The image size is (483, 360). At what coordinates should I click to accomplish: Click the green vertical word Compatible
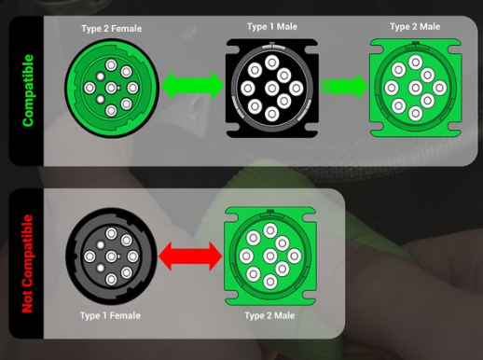(x=28, y=90)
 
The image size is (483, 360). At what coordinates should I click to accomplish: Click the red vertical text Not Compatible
(x=27, y=264)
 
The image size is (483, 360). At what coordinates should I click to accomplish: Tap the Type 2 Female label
(x=112, y=29)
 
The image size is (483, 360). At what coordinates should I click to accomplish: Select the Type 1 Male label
(x=272, y=27)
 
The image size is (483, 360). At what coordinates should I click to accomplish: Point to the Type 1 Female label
(x=110, y=315)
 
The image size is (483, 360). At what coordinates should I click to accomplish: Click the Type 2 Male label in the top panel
(x=415, y=27)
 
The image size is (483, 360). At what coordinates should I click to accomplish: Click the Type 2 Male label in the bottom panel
(x=269, y=315)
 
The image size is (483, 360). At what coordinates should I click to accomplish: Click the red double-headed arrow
(x=190, y=256)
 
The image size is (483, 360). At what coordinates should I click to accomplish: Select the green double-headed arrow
(x=193, y=86)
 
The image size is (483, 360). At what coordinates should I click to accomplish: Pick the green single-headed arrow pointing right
(x=344, y=87)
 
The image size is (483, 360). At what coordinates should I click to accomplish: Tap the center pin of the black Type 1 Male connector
(x=272, y=89)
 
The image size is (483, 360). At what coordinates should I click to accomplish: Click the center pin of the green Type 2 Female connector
(x=111, y=88)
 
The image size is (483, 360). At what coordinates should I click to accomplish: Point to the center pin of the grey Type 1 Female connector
(x=111, y=256)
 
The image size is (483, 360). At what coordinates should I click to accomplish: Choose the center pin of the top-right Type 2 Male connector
(x=415, y=88)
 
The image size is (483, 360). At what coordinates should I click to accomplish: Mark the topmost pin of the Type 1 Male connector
(x=272, y=62)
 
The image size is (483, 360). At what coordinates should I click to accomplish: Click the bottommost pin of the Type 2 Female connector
(x=111, y=111)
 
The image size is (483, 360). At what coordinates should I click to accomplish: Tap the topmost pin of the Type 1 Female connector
(x=111, y=233)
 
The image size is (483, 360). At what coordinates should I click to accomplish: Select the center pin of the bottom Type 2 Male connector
(x=270, y=256)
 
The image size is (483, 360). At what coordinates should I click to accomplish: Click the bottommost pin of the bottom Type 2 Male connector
(x=270, y=282)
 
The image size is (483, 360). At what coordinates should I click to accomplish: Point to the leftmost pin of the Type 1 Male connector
(x=248, y=89)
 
